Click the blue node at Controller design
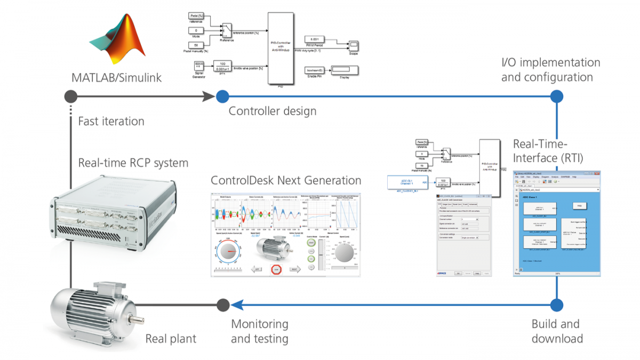tap(222, 97)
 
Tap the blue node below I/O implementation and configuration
tap(556, 97)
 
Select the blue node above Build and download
tap(556, 305)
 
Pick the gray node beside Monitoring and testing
tap(222, 305)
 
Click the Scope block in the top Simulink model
tap(354, 44)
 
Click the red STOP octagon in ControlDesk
tap(276, 269)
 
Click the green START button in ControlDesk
tap(311, 244)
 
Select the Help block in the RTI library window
tap(578, 205)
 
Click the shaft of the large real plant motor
tap(137, 320)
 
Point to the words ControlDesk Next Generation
tap(286, 180)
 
